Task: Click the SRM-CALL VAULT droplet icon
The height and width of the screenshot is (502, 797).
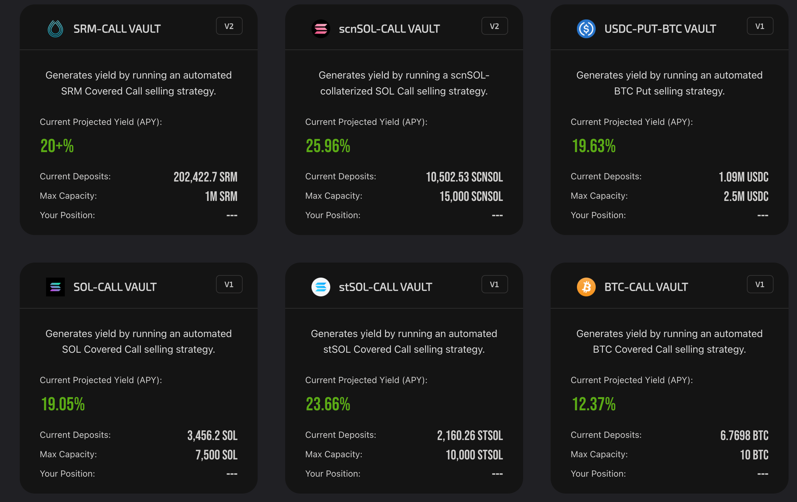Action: click(55, 29)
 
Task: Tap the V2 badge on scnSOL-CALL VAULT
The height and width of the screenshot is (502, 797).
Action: click(494, 26)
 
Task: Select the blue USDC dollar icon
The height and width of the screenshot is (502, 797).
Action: click(586, 29)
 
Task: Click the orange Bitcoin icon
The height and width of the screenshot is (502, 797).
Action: click(586, 287)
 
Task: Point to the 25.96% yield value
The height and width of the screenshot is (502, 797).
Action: click(328, 146)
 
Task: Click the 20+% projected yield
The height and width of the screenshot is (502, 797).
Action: click(57, 146)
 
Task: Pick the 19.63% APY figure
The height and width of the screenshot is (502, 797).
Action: click(594, 146)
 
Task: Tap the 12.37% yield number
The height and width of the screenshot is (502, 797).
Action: click(594, 404)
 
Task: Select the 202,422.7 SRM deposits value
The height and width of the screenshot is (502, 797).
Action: click(205, 177)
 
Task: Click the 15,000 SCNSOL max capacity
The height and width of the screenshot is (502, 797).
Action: click(471, 197)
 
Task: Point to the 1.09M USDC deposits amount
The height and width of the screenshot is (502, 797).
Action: click(743, 177)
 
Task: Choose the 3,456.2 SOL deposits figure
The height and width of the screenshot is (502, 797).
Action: click(212, 435)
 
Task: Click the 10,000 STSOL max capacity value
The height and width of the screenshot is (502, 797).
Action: click(474, 455)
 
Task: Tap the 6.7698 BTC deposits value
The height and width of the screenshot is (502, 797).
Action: click(744, 435)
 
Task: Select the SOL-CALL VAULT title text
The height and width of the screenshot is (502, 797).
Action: click(115, 287)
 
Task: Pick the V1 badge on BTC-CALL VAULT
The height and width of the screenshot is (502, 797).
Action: click(760, 284)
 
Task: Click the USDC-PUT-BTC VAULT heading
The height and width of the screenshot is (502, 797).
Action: click(660, 29)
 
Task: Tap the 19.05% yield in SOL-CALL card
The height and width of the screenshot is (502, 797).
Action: click(63, 404)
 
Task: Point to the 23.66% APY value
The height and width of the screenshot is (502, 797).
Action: click(328, 404)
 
